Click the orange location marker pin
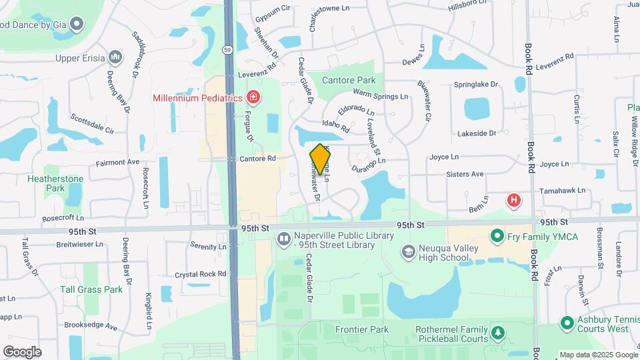(x=321, y=159)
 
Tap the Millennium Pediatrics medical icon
(x=253, y=98)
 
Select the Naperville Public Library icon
(x=284, y=238)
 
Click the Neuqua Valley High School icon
(x=408, y=251)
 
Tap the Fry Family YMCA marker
(x=497, y=236)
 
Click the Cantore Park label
(x=349, y=80)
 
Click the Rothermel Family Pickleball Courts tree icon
(x=497, y=331)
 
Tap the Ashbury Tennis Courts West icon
(x=567, y=323)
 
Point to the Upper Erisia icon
(x=116, y=58)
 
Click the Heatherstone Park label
(x=55, y=183)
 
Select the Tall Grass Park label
(x=91, y=289)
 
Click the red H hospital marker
(x=514, y=199)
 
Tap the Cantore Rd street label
(x=257, y=159)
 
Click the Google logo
(x=22, y=351)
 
